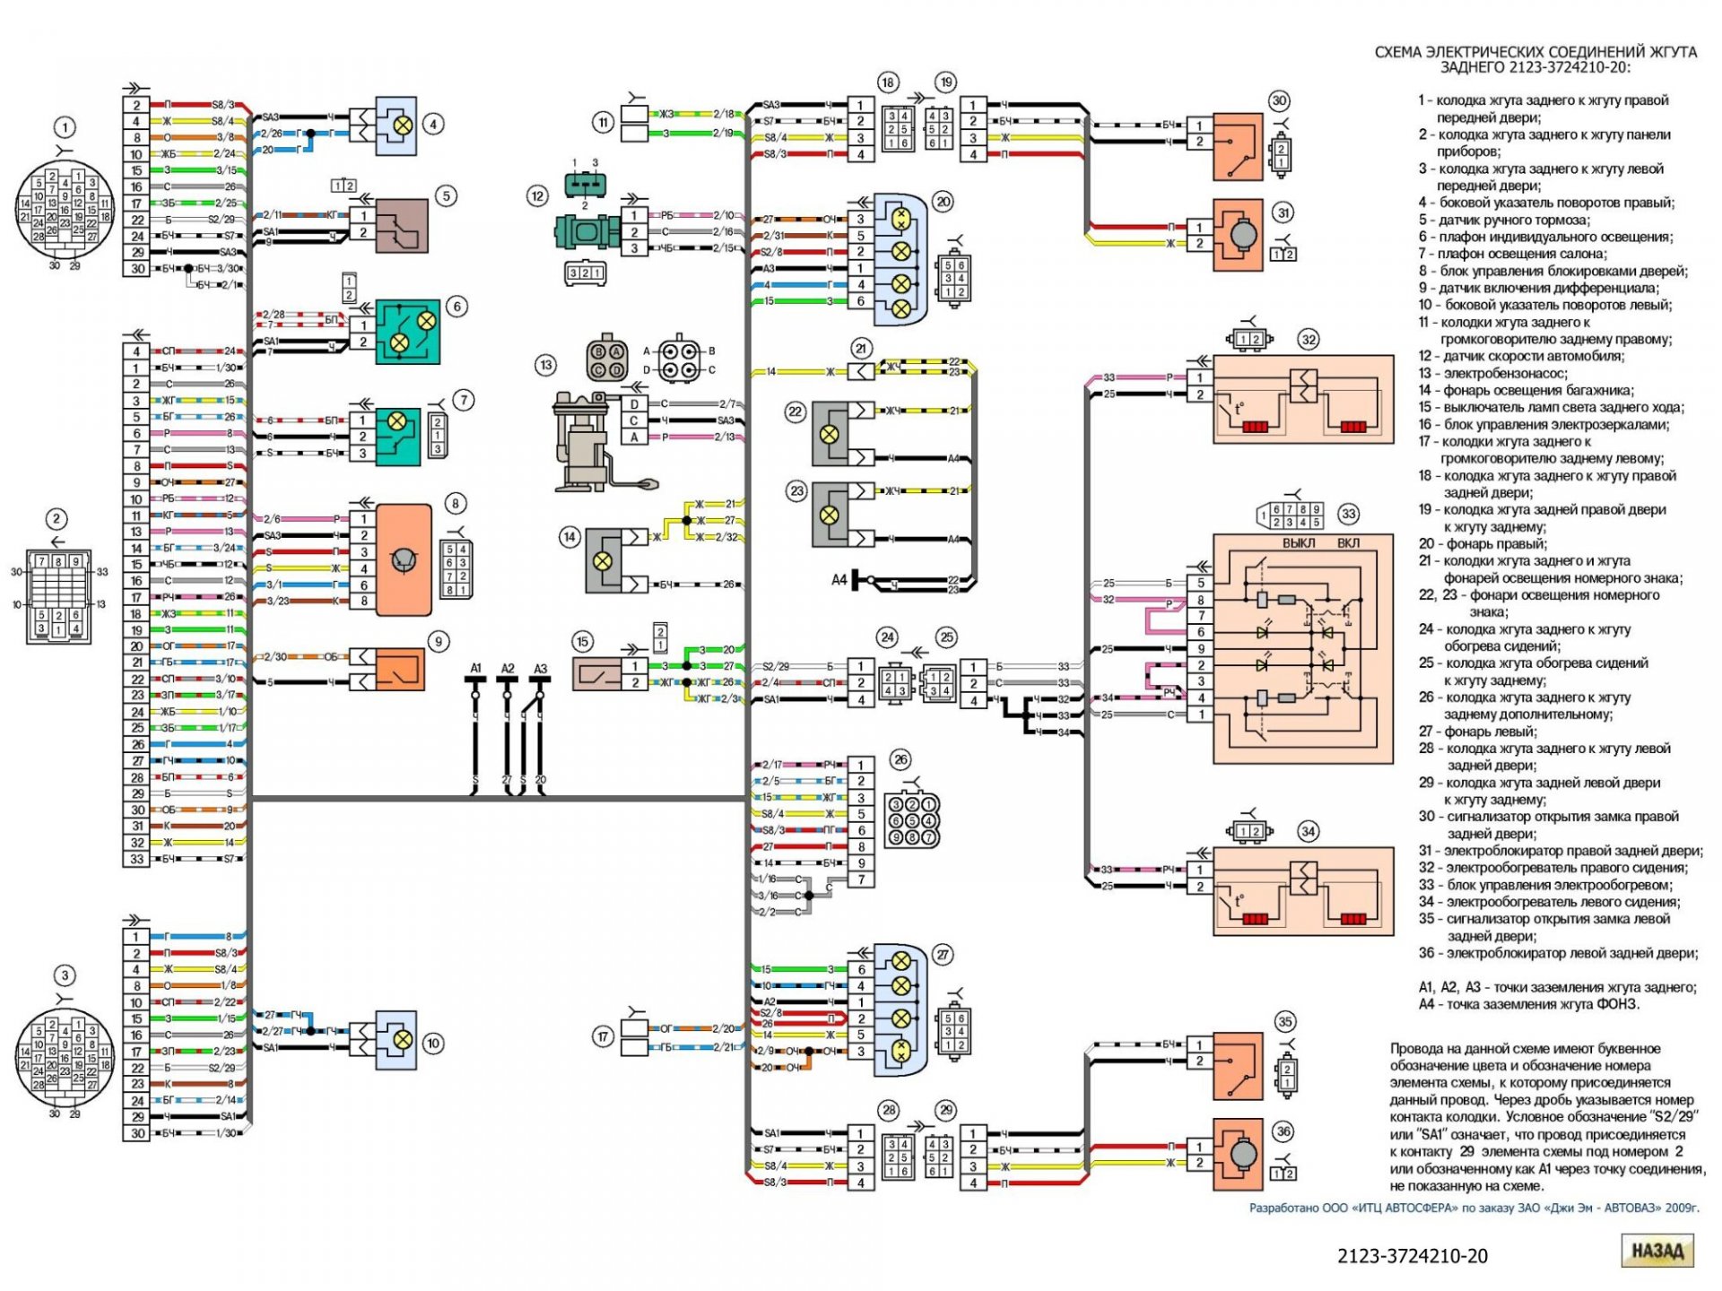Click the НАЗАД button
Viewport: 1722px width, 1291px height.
pyautogui.click(x=1657, y=1251)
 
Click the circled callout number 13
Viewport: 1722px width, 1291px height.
pyautogui.click(x=545, y=365)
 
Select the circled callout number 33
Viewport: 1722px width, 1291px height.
pyautogui.click(x=1348, y=514)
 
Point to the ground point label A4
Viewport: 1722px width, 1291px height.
pyautogui.click(x=839, y=580)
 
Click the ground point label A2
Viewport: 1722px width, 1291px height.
pyautogui.click(x=508, y=669)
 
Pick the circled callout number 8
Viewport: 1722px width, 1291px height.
pyautogui.click(x=456, y=504)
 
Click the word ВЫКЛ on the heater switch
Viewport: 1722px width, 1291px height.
pyautogui.click(x=1298, y=543)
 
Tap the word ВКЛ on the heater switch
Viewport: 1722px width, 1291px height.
pyautogui.click(x=1348, y=543)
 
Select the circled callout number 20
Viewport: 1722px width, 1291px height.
pyautogui.click(x=943, y=202)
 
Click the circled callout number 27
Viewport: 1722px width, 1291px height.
pyautogui.click(x=943, y=955)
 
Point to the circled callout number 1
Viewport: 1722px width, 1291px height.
pyautogui.click(x=65, y=127)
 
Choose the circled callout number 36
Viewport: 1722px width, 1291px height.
pyautogui.click(x=1283, y=1131)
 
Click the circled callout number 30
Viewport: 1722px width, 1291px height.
pyautogui.click(x=1279, y=101)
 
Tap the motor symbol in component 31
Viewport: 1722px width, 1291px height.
pyautogui.click(x=1242, y=235)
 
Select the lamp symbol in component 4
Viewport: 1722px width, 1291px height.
pyautogui.click(x=404, y=126)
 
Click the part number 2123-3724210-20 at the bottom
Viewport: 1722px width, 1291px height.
pyautogui.click(x=1412, y=1256)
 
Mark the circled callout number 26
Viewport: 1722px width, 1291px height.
pyautogui.click(x=900, y=759)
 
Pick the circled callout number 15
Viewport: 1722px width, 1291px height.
pyautogui.click(x=583, y=641)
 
